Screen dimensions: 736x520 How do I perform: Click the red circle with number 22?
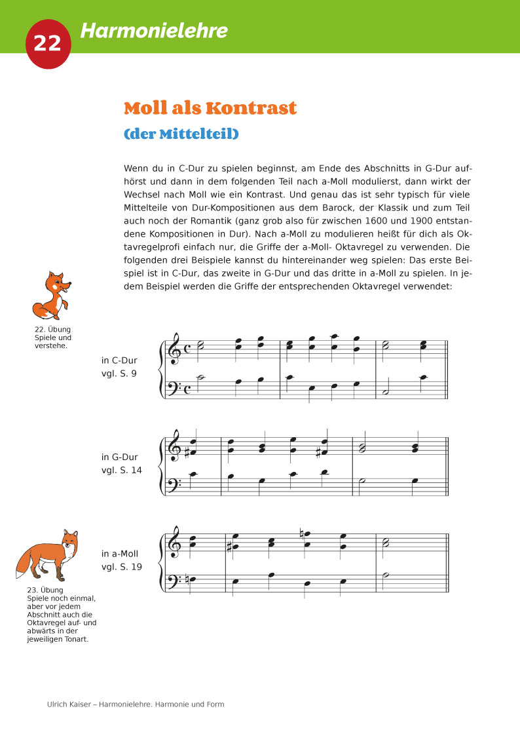pyautogui.click(x=47, y=43)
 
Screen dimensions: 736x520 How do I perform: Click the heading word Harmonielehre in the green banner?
pyautogui.click(x=154, y=30)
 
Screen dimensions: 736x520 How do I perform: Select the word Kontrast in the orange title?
pyautogui.click(x=251, y=108)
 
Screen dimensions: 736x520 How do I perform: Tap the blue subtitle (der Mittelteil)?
pyautogui.click(x=181, y=134)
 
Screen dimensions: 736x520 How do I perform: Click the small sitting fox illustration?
pyautogui.click(x=52, y=296)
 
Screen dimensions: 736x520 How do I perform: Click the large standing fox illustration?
pyautogui.click(x=48, y=556)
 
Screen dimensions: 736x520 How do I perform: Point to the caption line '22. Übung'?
pyautogui.click(x=52, y=329)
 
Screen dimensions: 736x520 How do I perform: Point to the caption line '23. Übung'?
pyautogui.click(x=45, y=589)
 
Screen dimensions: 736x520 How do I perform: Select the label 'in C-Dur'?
pyautogui.click(x=119, y=360)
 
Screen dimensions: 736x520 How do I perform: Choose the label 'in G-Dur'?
pyautogui.click(x=120, y=457)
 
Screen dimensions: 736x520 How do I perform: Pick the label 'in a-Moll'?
pyautogui.click(x=121, y=554)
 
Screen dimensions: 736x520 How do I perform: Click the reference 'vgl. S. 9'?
pyautogui.click(x=119, y=374)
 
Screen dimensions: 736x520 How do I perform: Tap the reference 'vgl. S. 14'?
pyautogui.click(x=122, y=470)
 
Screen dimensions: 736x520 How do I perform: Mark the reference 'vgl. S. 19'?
pyautogui.click(x=122, y=567)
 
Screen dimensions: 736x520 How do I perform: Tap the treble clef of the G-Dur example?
pyautogui.click(x=175, y=445)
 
